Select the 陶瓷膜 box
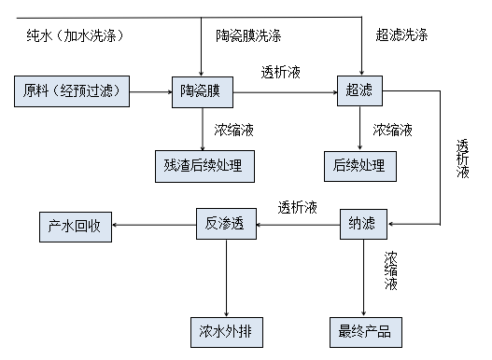[202, 91]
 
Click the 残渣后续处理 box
[202, 165]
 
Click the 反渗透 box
[225, 224]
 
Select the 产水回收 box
[76, 225]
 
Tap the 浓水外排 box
[225, 330]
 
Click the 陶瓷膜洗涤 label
[248, 35]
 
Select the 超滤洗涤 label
[402, 35]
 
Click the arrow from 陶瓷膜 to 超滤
[285, 91]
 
